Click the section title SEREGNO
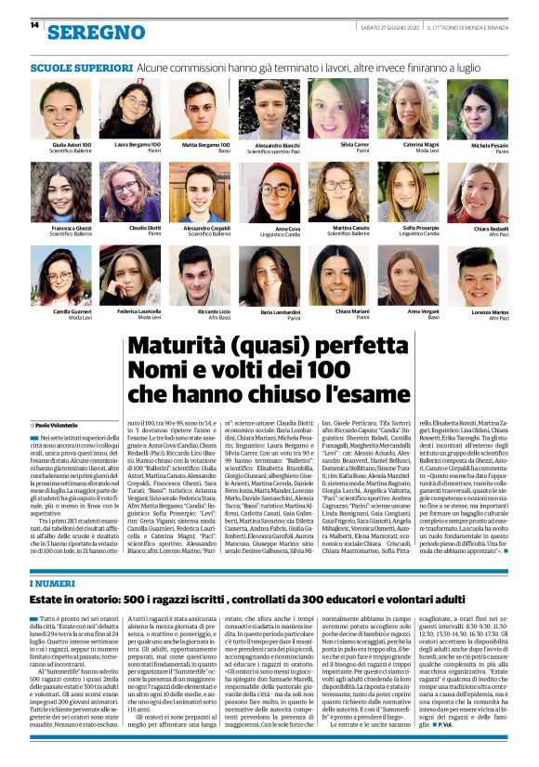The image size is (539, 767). point(97,33)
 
